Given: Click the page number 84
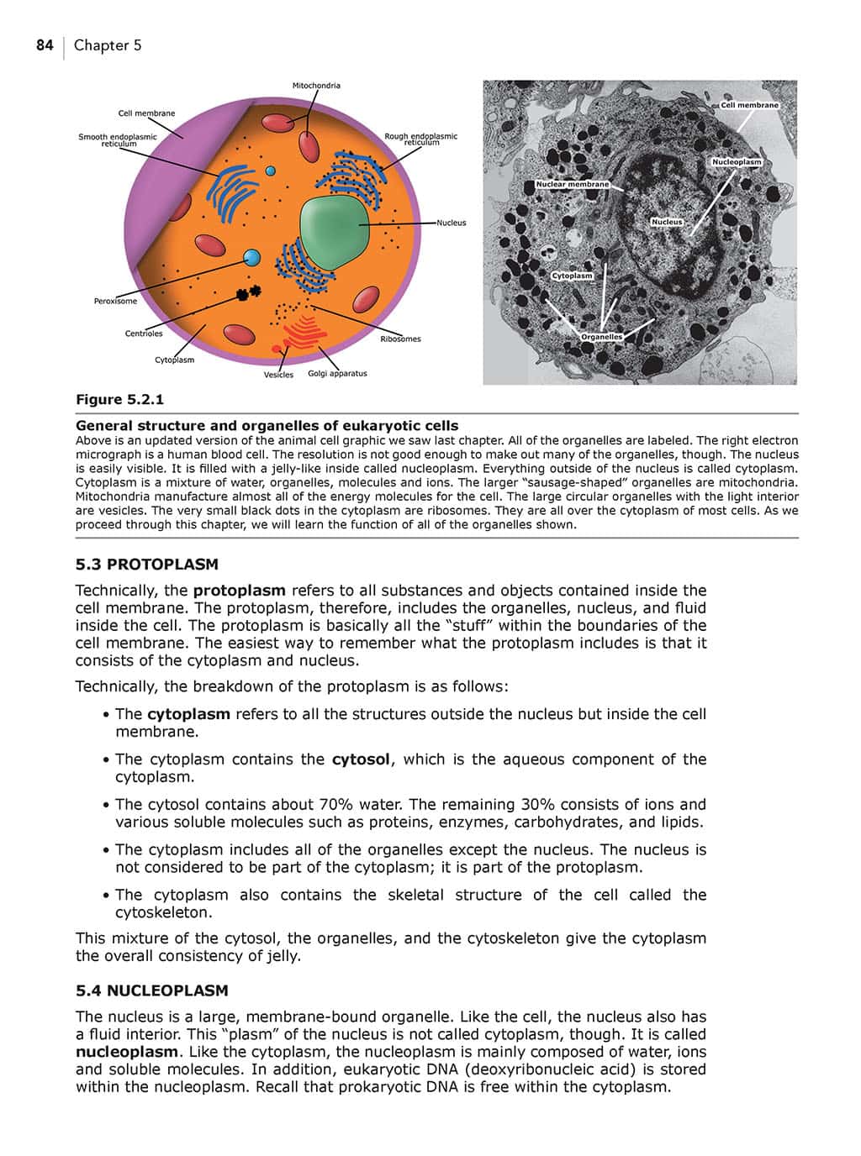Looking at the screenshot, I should (45, 45).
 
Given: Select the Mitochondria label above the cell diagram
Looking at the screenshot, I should (316, 86).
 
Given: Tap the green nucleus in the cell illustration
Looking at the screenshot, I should (334, 232).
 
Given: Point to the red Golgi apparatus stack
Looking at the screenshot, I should (305, 332).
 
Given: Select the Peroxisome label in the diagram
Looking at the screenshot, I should (115, 301).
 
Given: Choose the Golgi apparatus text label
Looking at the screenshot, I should (337, 374).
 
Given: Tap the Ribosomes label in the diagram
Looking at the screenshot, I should (400, 339).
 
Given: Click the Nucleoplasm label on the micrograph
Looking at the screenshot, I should (736, 162).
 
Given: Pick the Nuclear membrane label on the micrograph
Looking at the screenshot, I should (572, 184).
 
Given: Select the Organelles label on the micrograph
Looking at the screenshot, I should (602, 337).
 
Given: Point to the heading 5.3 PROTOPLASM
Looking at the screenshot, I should (146, 565).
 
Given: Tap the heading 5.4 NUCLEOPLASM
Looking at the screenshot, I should (151, 990).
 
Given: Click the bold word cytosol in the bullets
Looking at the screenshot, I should (361, 759).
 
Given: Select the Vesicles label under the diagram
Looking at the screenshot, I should (278, 375).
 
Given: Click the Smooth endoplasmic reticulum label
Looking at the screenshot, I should (118, 140).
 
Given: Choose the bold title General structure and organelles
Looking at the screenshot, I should (267, 425).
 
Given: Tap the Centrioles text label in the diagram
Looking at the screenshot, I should (144, 334).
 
